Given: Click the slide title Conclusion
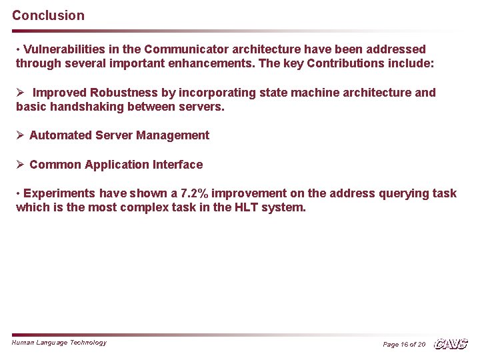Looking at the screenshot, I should pos(48,15).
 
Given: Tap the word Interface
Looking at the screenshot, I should pos(177,165).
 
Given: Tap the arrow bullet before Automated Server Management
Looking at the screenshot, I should pos(20,135).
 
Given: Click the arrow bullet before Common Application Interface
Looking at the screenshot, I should pos(20,165).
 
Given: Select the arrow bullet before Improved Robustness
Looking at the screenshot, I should pos(20,93).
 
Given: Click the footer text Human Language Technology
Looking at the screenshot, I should pos(59,343).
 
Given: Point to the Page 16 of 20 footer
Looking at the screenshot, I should pos(404,345).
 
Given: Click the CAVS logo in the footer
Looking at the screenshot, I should pos(451,344).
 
